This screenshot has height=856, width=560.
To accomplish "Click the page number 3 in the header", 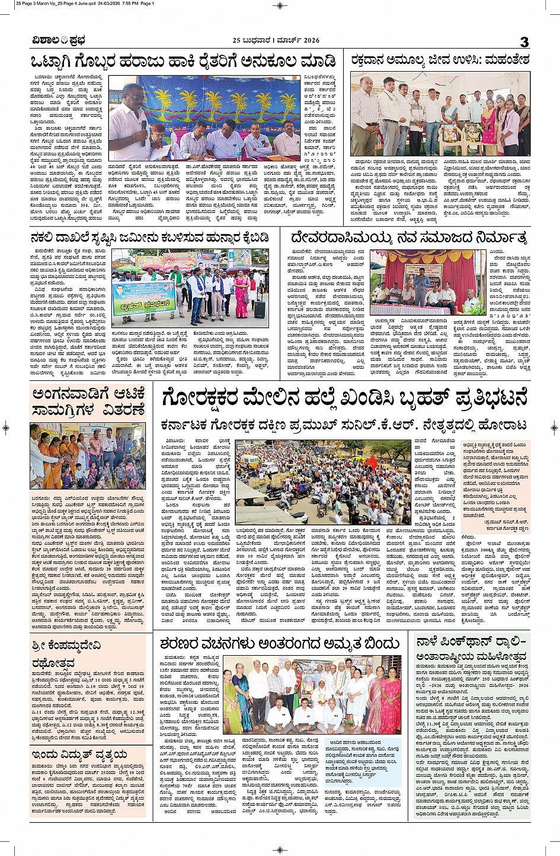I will pyautogui.click(x=524, y=41).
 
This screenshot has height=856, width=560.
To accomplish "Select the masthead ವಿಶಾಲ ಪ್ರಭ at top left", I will pyautogui.click(x=59, y=40).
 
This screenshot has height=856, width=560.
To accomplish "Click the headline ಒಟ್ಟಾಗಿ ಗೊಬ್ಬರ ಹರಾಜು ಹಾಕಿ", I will pyautogui.click(x=184, y=62).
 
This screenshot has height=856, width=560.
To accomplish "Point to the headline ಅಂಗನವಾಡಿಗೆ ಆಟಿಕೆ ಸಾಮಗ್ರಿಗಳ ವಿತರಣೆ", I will pyautogui.click(x=89, y=401).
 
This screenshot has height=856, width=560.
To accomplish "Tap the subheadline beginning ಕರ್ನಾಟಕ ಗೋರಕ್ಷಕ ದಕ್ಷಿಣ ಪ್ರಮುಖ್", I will pyautogui.click(x=344, y=425).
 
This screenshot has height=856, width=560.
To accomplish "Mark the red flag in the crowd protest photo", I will pyautogui.click(x=376, y=462).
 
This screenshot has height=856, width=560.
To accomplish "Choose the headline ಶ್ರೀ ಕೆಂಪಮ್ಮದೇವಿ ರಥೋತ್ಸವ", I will pyautogui.click(x=66, y=653).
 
